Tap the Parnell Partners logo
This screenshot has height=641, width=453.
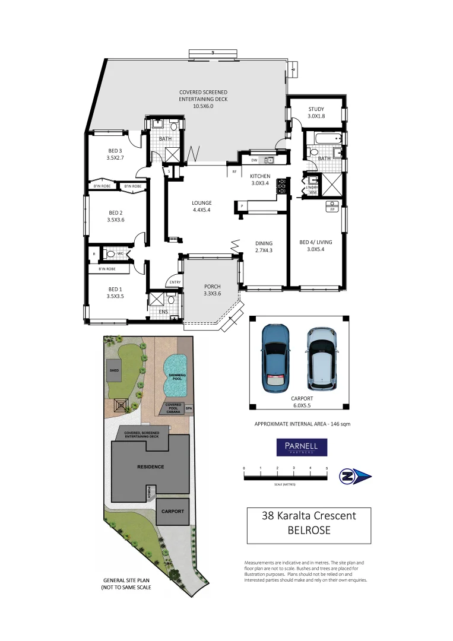(x=302, y=447)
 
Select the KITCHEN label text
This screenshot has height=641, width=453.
(x=260, y=176)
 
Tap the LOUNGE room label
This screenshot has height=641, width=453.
(x=201, y=203)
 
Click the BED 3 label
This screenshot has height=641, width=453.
(x=115, y=151)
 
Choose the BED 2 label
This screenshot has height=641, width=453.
(x=115, y=212)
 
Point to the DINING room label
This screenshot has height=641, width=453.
(x=264, y=243)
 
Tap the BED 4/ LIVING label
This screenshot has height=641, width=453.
(x=316, y=242)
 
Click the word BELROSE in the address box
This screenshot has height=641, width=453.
(x=309, y=531)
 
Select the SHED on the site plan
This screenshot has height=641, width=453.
(x=114, y=370)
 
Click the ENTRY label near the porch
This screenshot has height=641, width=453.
(x=175, y=283)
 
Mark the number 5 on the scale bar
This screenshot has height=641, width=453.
(x=327, y=468)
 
